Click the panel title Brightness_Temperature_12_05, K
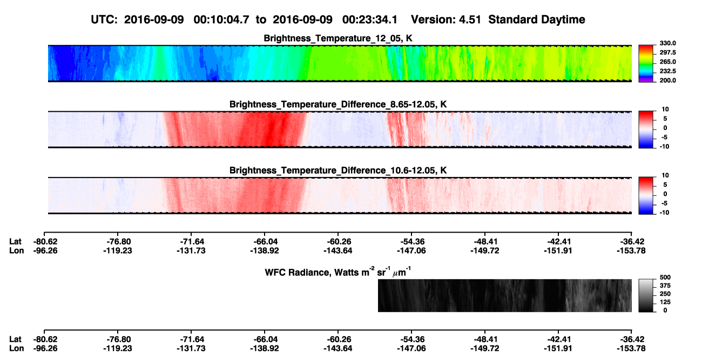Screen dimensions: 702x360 pos(338,38)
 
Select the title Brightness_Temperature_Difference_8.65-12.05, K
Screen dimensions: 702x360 pos(338,104)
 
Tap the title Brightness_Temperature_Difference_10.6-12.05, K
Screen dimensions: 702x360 pos(338,171)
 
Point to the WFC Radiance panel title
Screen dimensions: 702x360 pos(338,271)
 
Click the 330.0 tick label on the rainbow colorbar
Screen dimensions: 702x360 pos(667,43)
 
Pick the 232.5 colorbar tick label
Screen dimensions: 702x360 pos(667,71)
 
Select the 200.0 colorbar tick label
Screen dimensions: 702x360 pos(667,80)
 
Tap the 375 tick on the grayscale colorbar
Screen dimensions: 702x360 pos(665,286)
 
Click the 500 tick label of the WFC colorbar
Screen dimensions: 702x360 pos(665,277)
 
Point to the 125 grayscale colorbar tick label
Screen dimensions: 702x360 pos(665,302)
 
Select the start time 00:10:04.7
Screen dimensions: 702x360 pos(221,20)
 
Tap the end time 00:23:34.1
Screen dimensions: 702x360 pos(370,20)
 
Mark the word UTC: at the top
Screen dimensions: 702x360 pos(104,20)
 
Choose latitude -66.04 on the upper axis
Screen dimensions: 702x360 pos(265,242)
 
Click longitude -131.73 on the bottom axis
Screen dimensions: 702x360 pos(191,349)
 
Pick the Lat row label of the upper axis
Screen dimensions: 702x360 pos(15,242)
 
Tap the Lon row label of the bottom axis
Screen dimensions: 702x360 pos(17,349)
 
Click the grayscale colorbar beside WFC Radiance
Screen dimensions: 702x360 pos(646,295)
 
